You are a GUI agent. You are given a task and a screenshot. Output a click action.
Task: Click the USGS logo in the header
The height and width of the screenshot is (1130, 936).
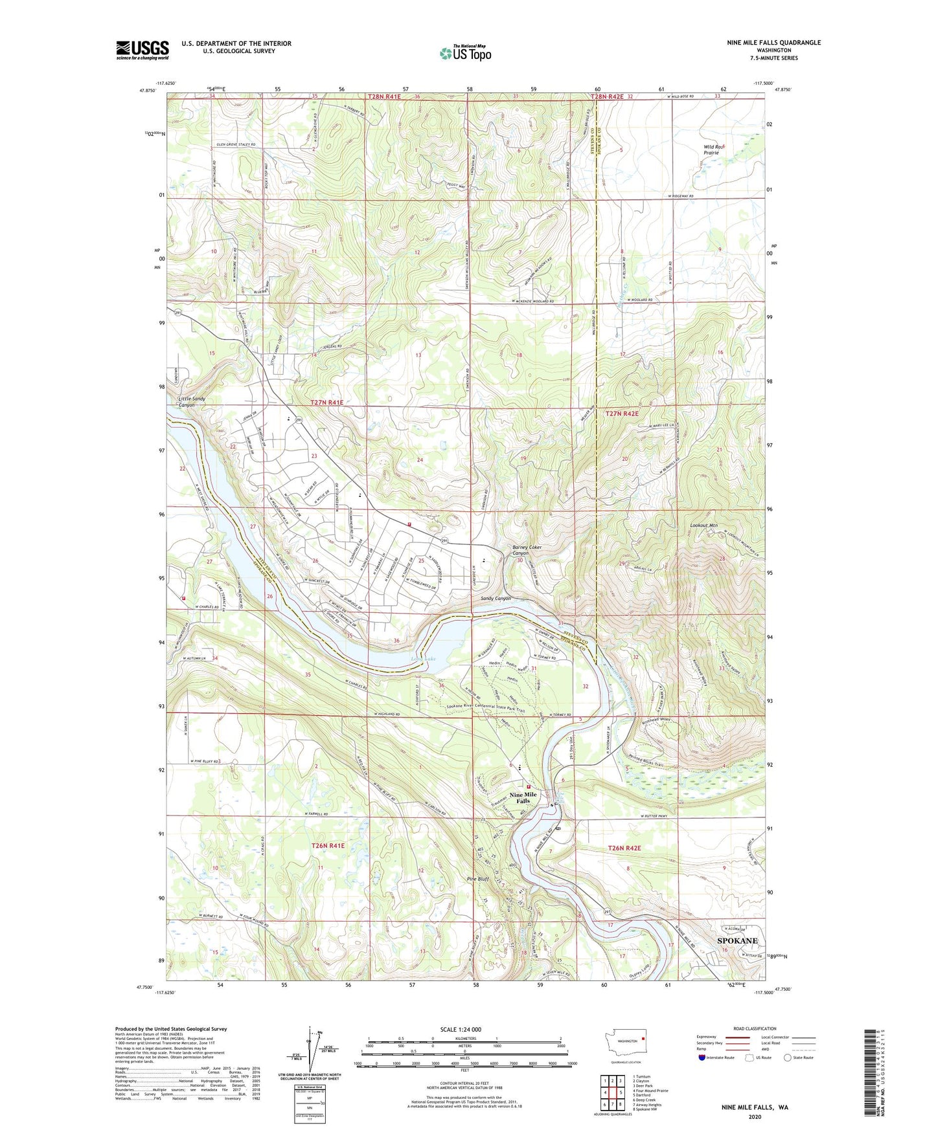143,50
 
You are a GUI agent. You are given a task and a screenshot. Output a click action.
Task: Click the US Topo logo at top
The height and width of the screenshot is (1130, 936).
465,53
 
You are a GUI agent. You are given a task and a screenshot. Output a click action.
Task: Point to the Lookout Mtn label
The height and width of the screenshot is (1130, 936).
704,526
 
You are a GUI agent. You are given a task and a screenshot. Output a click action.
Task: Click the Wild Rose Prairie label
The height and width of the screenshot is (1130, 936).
716,150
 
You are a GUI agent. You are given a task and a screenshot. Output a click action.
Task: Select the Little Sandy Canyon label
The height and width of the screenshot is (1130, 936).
192,402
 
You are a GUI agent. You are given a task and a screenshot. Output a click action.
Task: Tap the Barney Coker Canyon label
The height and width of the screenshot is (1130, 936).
527,550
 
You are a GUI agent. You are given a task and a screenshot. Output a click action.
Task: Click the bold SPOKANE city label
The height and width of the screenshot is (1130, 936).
736,940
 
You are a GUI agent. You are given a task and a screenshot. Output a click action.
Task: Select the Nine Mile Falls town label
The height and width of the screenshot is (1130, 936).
523,797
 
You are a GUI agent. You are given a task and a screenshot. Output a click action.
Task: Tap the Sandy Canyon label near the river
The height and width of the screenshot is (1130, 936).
496,599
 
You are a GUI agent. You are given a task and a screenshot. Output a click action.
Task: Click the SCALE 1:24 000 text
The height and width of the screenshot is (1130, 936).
461,1030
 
